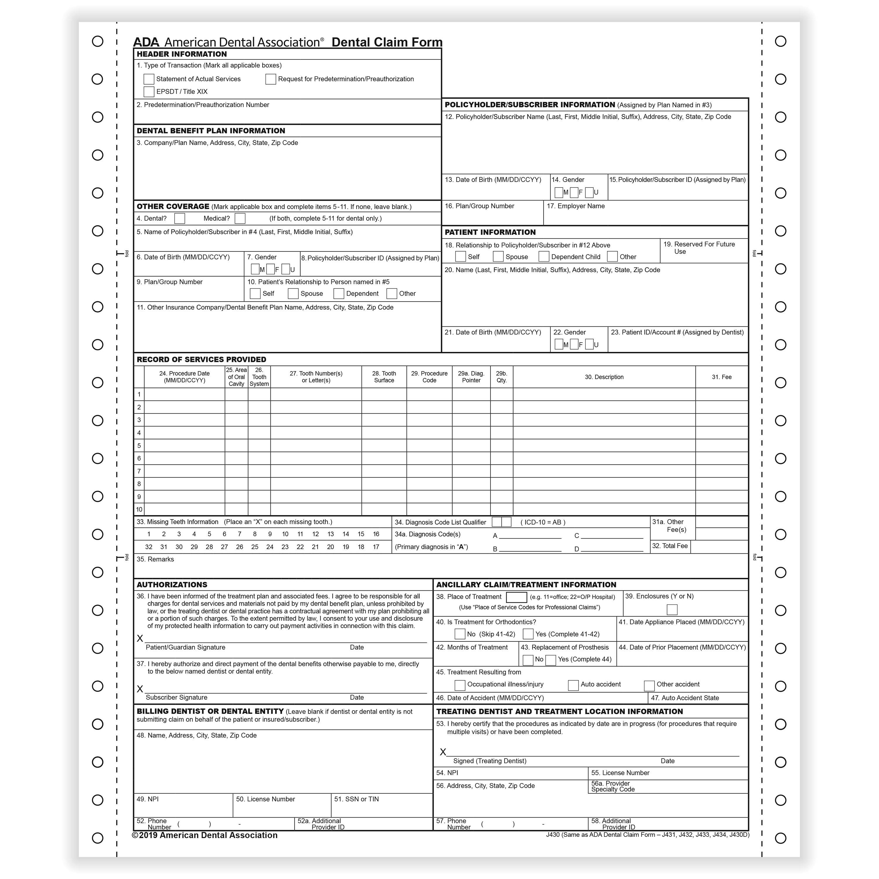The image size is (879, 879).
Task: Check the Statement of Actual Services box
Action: [x=149, y=79]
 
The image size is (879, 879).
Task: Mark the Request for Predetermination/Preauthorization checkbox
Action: [x=271, y=79]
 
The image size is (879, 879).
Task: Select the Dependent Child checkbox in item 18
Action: [x=544, y=257]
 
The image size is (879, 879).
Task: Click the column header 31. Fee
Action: [x=722, y=377]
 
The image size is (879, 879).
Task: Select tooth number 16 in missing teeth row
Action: [x=376, y=534]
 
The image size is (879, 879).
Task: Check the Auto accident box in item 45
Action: [x=573, y=685]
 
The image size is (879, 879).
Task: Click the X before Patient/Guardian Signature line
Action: [x=140, y=639]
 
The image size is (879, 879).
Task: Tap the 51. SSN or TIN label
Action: [x=356, y=799]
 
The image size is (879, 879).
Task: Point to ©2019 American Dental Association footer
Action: [x=205, y=835]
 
